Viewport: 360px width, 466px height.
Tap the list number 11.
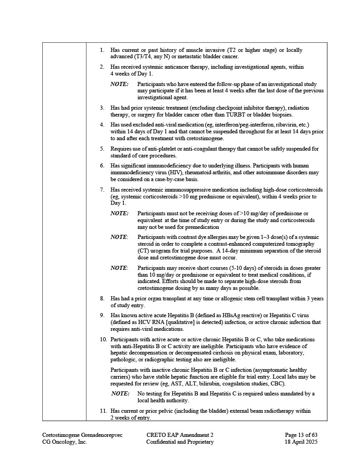pos(103,411)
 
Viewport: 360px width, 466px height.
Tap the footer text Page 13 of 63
pos(301,435)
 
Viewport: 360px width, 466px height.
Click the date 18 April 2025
pos(301,441)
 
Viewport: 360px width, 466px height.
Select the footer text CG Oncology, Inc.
pos(65,441)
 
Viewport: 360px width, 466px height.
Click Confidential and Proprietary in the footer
pos(179,441)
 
